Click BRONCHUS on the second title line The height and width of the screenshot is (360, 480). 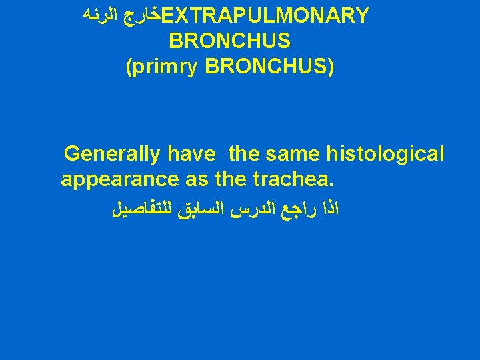(230, 41)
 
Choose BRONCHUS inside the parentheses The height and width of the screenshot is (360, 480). (267, 67)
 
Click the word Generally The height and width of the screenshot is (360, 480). (112, 155)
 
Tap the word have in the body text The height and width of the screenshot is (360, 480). (191, 155)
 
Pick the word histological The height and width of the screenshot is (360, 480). (385, 155)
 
